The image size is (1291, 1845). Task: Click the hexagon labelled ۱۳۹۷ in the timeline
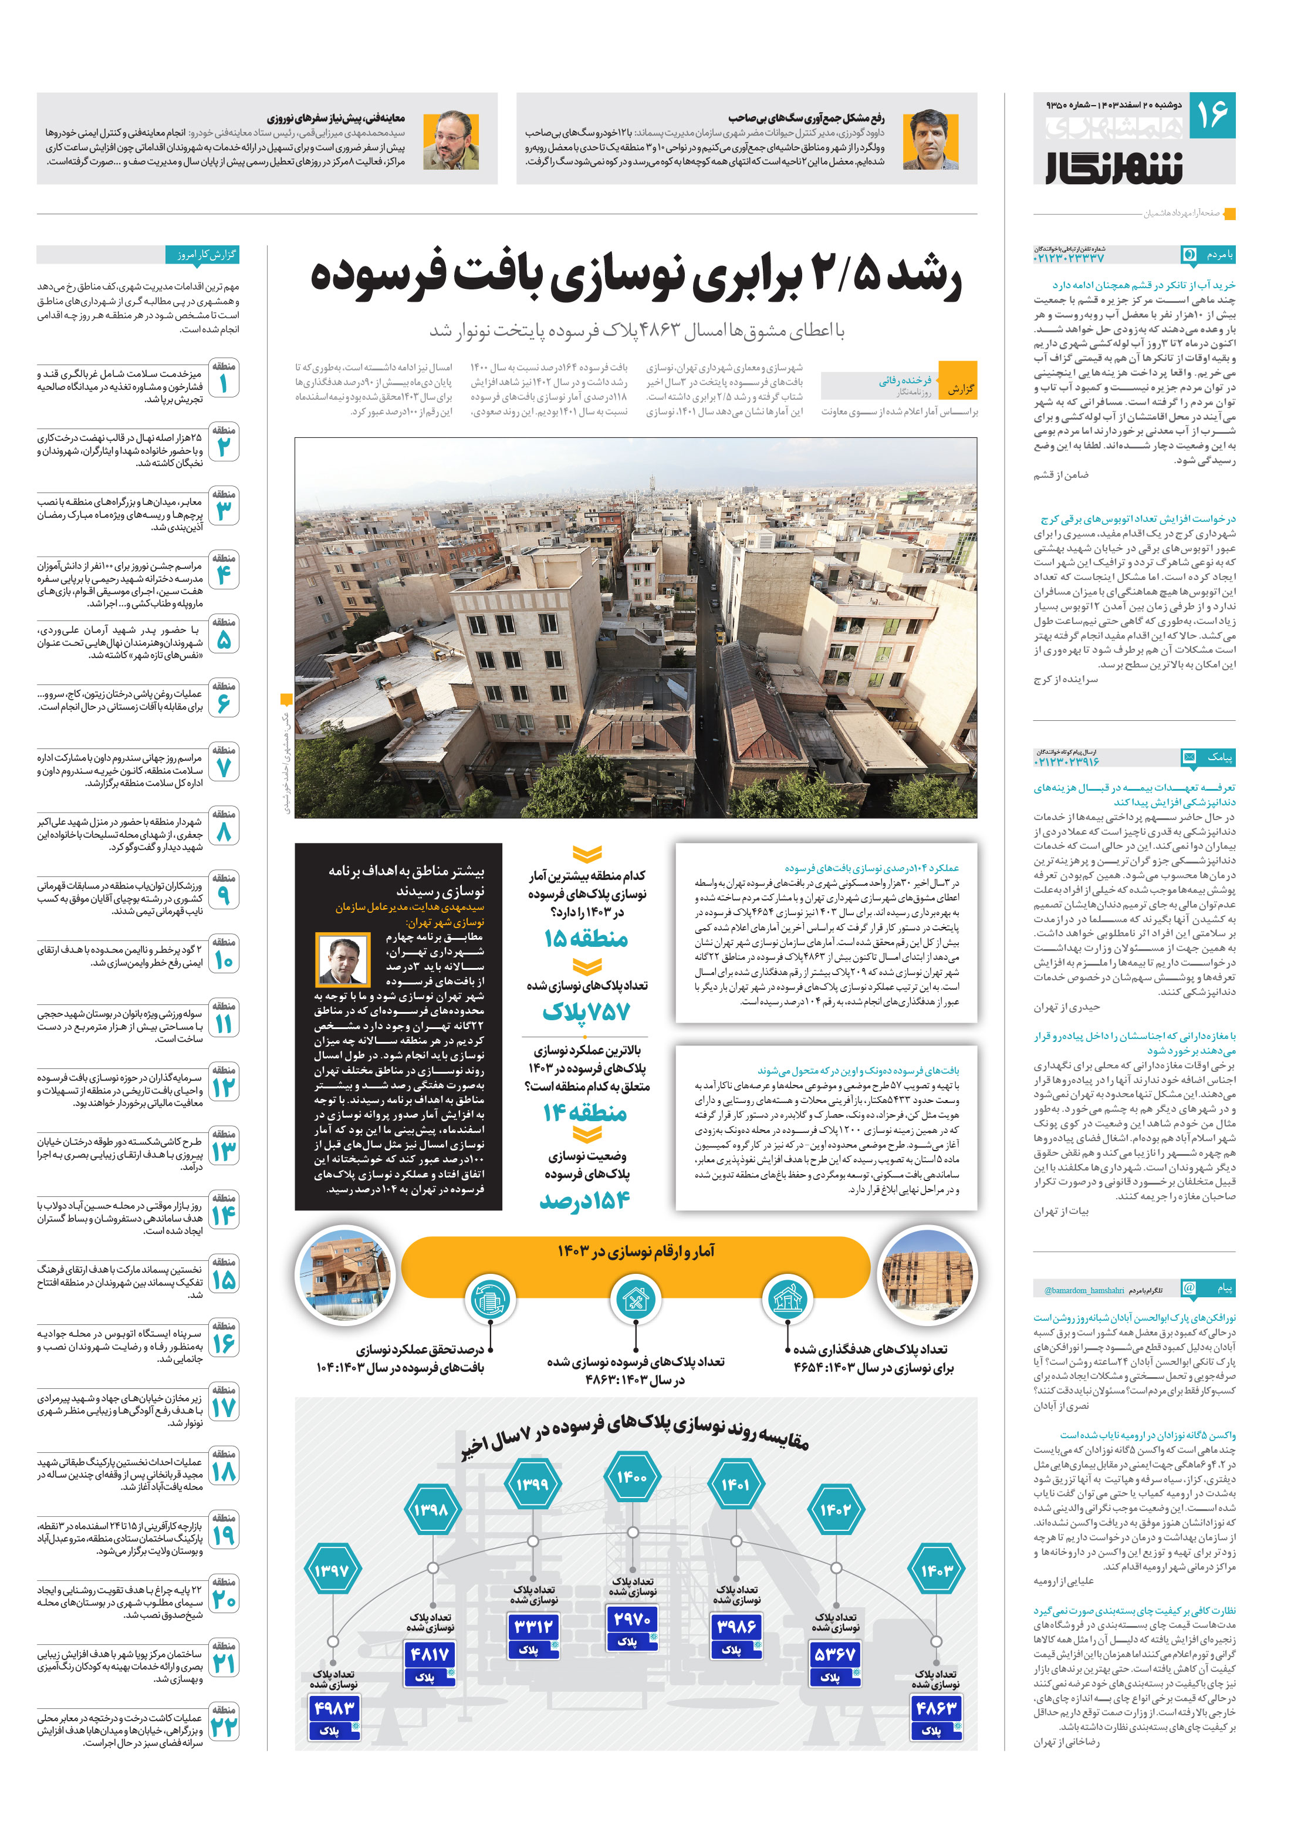tap(332, 1570)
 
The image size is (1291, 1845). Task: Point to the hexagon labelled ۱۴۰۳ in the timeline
tap(936, 1570)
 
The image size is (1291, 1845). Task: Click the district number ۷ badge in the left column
tap(224, 767)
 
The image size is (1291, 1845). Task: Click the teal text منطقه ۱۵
tap(586, 939)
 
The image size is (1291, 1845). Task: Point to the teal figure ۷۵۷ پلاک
tap(586, 1011)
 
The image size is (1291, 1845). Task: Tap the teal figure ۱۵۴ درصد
tap(585, 1202)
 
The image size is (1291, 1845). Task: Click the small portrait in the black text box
tap(343, 960)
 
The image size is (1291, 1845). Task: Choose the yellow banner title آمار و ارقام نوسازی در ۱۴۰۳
tap(636, 1251)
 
